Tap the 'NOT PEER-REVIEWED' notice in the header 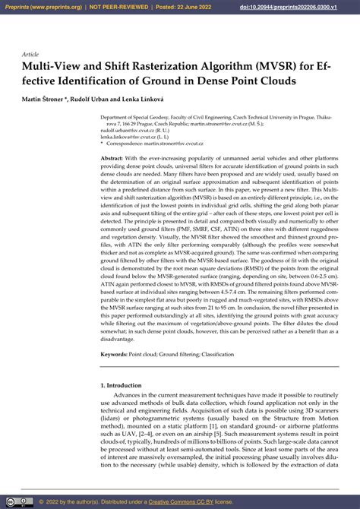click(122, 7)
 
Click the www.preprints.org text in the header click(60, 7)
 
